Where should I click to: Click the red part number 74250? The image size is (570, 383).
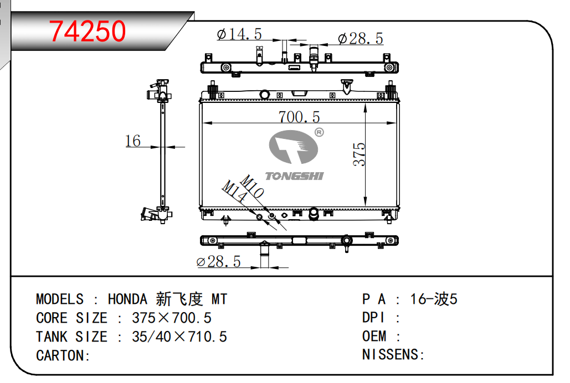coord(88,31)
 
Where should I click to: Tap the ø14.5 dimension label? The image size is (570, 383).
coord(239,34)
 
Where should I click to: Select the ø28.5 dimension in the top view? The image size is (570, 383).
coord(360,39)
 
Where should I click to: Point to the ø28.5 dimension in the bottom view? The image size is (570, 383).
coord(218,262)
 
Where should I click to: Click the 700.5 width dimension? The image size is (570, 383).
coord(299,117)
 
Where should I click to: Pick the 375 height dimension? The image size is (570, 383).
coord(359,154)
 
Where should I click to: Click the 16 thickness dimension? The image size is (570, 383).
coord(133,141)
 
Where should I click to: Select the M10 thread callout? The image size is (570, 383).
coord(252,187)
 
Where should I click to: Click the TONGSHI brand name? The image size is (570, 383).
coord(294,176)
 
